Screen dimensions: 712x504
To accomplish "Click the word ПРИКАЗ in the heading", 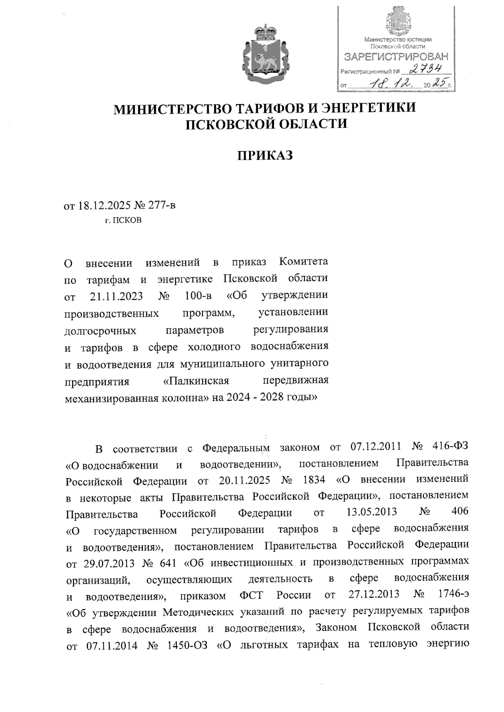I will coord(265,156).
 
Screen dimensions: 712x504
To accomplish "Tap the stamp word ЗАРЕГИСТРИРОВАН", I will coord(396,57).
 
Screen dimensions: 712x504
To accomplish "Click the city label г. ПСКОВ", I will coord(123,220).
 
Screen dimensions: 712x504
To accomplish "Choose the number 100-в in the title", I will coord(197,296).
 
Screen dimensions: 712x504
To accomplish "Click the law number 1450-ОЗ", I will coord(187,644).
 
